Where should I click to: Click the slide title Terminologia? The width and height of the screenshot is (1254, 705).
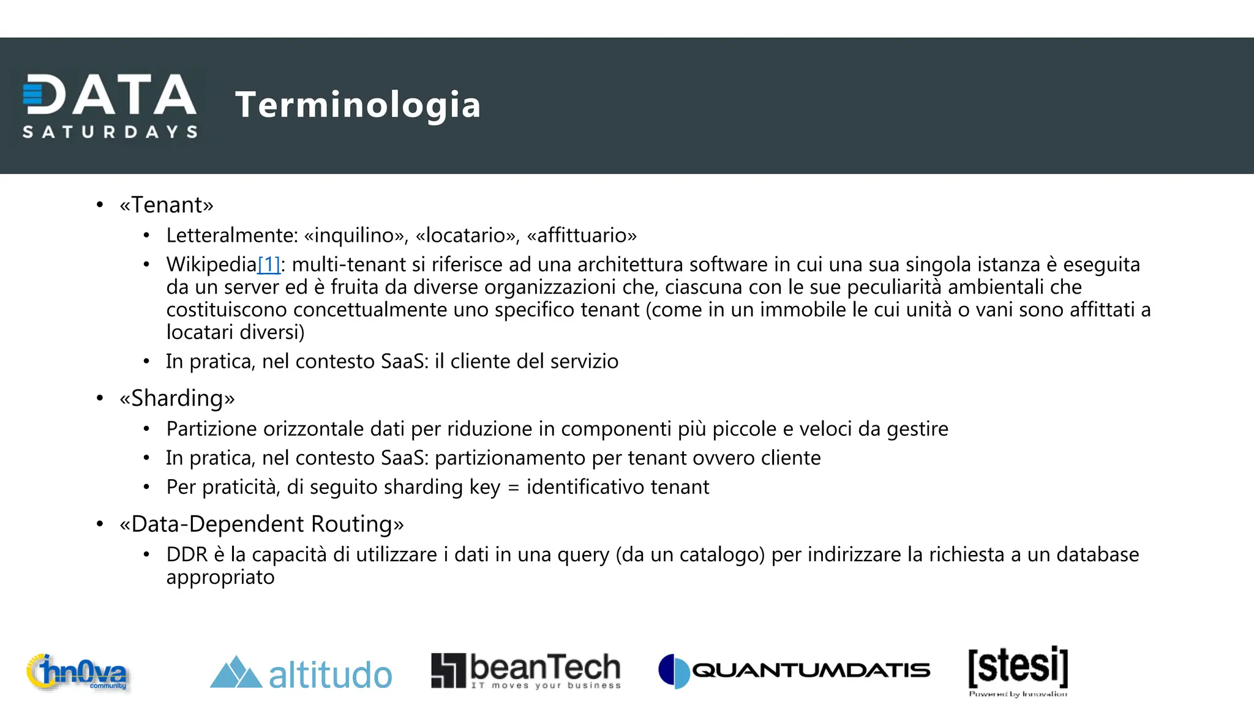(x=358, y=105)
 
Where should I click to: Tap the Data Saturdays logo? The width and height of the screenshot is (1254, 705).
(x=110, y=106)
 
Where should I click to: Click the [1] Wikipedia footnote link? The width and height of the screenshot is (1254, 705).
(x=269, y=264)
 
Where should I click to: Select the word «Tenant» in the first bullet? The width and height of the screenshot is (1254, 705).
(x=167, y=205)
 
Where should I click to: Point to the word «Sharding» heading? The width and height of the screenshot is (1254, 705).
(x=177, y=398)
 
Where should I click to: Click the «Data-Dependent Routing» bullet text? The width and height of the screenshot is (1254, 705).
(x=261, y=524)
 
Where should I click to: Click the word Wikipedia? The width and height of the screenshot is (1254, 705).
(x=211, y=264)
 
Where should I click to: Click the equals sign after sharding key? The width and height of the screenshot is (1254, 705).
(x=513, y=488)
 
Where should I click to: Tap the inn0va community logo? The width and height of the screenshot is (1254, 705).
(x=78, y=673)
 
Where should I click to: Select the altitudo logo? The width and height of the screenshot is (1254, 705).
(x=301, y=673)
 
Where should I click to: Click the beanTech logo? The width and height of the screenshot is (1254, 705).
(x=526, y=671)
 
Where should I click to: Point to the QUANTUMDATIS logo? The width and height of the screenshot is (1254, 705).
(x=794, y=671)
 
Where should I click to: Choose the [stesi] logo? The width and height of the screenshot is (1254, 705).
(x=1018, y=670)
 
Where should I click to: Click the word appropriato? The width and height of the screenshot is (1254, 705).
(x=220, y=577)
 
